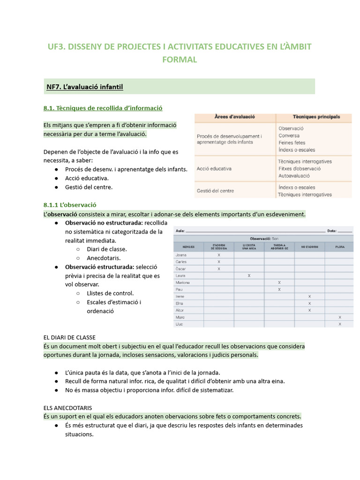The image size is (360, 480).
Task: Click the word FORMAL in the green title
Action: point(180,60)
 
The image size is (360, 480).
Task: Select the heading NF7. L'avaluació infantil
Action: point(84,87)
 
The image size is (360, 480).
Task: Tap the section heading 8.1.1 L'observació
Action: point(69,205)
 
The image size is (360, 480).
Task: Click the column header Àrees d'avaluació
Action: point(234,117)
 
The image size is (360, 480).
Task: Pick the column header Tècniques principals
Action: point(316,117)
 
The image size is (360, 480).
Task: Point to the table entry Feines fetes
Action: point(292,142)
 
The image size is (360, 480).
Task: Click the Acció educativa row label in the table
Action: point(214,169)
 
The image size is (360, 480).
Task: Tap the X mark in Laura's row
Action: point(249,276)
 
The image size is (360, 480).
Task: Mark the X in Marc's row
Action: point(340,317)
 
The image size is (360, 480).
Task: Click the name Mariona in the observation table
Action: point(183,283)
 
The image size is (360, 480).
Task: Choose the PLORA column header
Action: point(340,247)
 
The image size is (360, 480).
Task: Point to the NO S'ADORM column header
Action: point(309,247)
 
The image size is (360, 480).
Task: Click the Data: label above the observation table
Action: point(332,231)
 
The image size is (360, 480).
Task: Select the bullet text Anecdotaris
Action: point(104,258)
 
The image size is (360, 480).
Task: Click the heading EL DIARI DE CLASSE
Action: point(69,337)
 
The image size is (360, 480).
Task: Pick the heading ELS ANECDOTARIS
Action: point(67,408)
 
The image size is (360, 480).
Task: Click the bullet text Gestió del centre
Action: point(89,187)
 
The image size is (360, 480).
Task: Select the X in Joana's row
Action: point(219,255)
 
